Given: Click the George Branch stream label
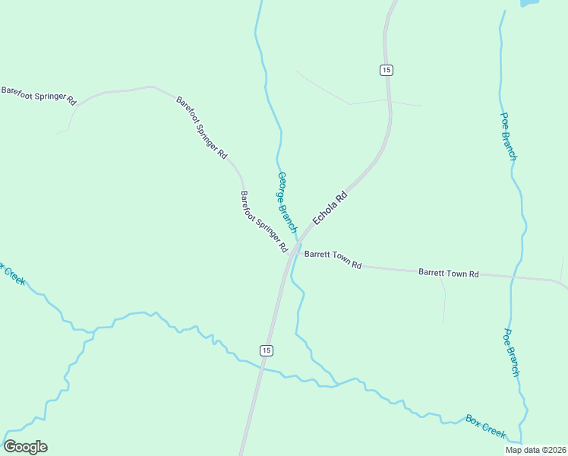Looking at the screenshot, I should click(286, 202).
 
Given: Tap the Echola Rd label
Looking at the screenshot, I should click(330, 206).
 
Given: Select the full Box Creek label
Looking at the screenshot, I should click(485, 426).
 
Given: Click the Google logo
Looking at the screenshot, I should click(25, 447).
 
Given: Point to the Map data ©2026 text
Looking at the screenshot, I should click(535, 450).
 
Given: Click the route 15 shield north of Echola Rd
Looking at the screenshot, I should click(387, 70).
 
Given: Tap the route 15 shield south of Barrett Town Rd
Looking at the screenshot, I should click(265, 350).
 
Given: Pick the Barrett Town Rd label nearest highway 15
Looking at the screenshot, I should click(333, 260).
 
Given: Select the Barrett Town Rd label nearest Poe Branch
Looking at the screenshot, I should click(449, 273).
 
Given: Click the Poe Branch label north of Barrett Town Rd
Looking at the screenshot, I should click(508, 136).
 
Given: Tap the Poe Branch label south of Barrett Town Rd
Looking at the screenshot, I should click(511, 353).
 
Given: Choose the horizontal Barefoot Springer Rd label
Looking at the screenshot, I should click(39, 95).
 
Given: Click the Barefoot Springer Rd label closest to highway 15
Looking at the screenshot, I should click(263, 221).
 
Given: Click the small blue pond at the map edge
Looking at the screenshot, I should click(529, 3).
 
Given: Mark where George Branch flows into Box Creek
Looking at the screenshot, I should click(332, 382).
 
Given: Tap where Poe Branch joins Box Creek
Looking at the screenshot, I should click(522, 441).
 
